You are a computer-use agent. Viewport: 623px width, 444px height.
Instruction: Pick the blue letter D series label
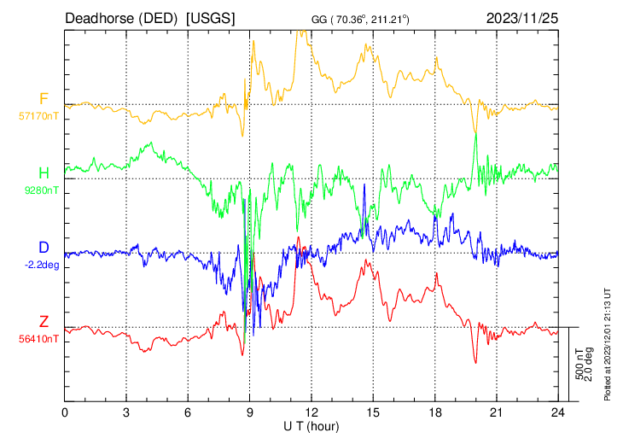(43, 248)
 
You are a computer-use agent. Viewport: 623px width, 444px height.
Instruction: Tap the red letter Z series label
(43, 322)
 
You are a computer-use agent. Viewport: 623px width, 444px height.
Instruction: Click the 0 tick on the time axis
(65, 411)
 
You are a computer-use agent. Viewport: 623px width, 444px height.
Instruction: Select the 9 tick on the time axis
(250, 411)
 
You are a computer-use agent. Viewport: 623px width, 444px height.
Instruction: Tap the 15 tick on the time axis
(373, 411)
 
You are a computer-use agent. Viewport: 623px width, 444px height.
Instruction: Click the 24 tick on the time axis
(558, 411)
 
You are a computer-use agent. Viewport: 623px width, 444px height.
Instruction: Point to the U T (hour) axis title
(311, 424)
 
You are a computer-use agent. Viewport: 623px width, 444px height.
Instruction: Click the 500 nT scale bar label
(579, 364)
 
